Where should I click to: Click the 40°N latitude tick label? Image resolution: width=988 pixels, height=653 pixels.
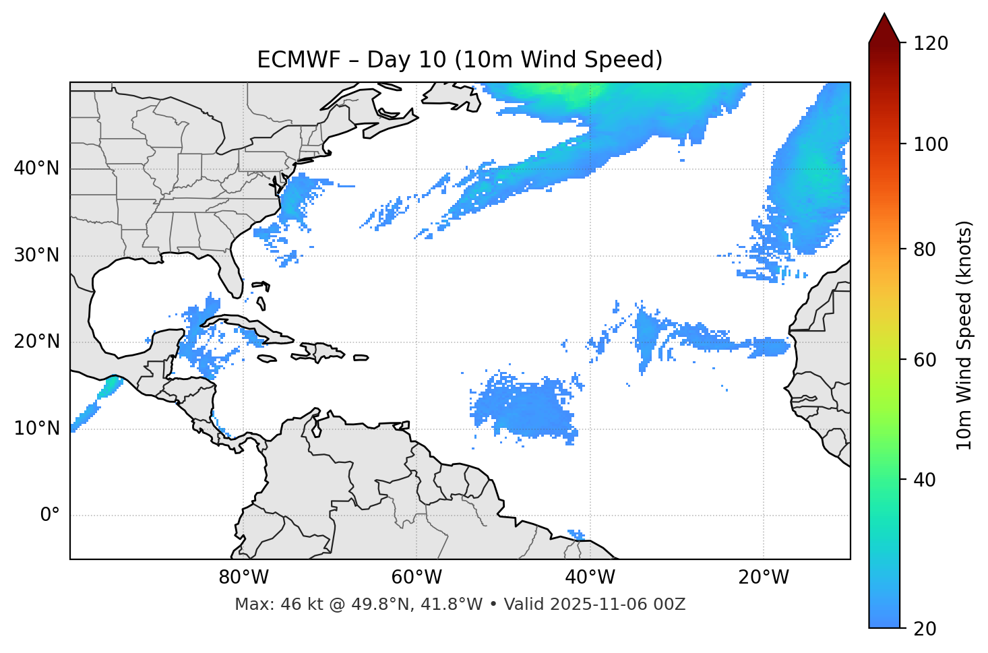[x=36, y=168]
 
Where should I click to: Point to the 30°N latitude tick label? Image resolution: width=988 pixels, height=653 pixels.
[x=36, y=255]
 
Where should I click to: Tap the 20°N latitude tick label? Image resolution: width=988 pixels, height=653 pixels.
[x=36, y=342]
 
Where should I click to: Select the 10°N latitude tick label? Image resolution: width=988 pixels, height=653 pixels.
[x=36, y=429]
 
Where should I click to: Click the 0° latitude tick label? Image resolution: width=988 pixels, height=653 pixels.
[x=50, y=516]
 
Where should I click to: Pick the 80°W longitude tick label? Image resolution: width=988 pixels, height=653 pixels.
[x=243, y=578]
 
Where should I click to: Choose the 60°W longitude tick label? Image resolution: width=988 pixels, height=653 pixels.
[x=416, y=578]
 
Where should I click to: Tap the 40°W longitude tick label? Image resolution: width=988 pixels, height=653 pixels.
[x=590, y=578]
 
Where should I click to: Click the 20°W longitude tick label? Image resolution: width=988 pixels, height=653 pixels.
[x=764, y=578]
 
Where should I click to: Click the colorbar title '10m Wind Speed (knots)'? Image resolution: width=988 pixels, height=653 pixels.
[x=964, y=335]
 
